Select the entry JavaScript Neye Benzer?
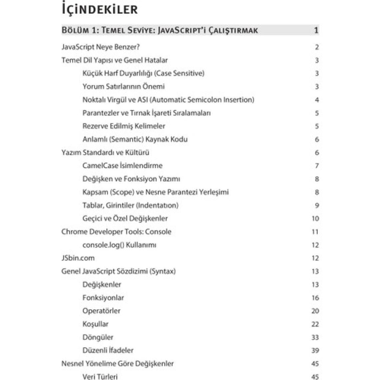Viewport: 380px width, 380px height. tap(100, 47)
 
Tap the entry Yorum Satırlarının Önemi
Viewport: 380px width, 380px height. tap(124, 87)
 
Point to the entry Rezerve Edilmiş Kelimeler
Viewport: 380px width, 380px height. tap(124, 126)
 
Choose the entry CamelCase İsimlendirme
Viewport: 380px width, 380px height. tap(122, 166)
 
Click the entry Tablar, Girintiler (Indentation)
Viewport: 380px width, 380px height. tap(130, 205)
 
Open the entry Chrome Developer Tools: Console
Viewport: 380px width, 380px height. tap(116, 232)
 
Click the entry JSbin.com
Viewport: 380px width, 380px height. tap(78, 258)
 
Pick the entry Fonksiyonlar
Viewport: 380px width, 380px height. tap(103, 298)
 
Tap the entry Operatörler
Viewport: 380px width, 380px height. tap(101, 311)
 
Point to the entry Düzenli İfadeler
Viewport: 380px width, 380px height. tap(108, 350)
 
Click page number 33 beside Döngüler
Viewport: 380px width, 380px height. tap(315, 337)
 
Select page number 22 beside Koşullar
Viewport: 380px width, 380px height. tap(315, 324)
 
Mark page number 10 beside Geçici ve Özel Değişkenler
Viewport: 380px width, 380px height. tap(315, 219)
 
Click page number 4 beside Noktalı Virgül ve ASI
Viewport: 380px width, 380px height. tap(317, 100)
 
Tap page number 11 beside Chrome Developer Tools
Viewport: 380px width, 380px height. tap(315, 232)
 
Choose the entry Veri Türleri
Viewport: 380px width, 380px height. tap(100, 377)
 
